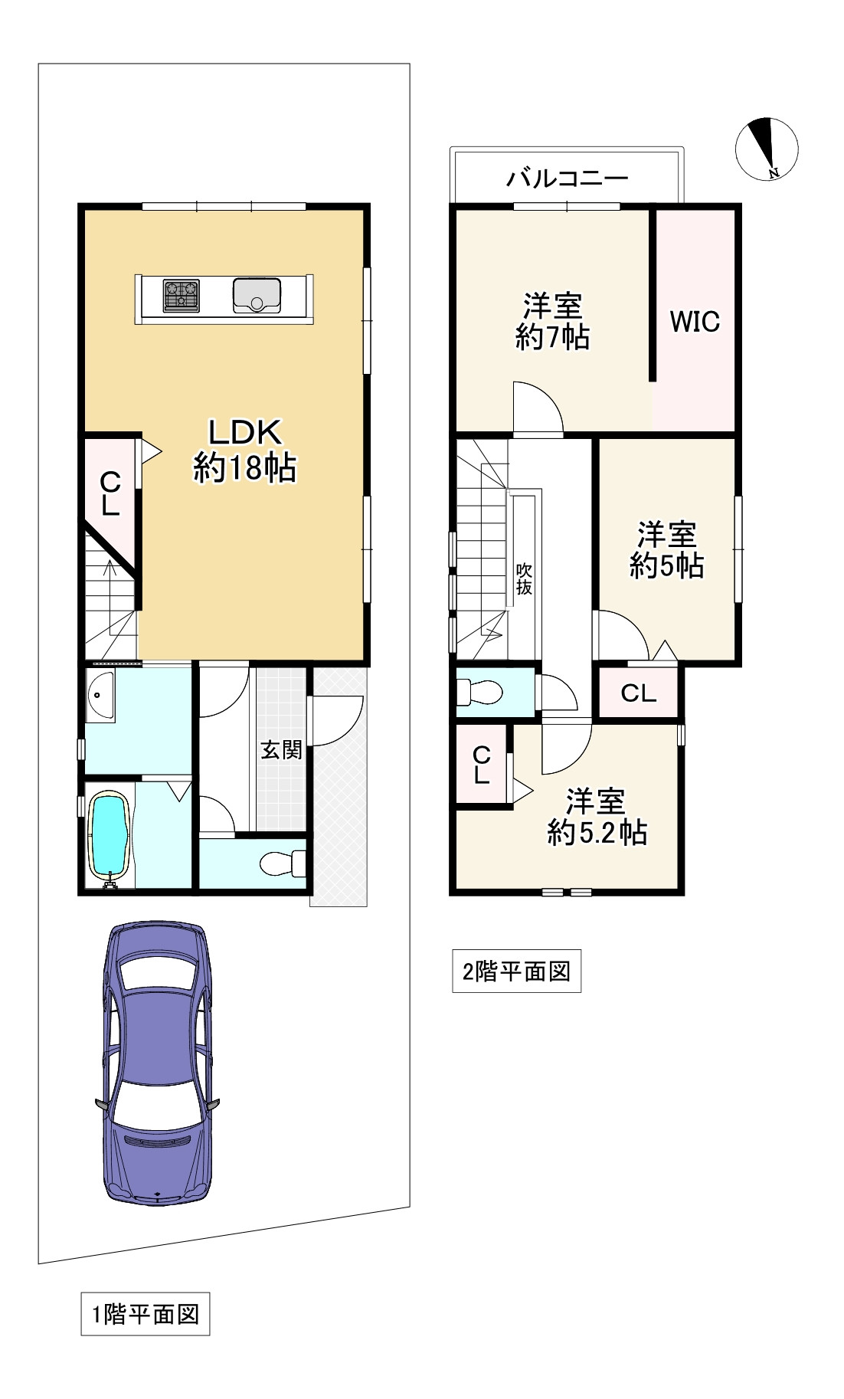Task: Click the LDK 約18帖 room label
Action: pos(244,450)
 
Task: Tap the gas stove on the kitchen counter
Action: pos(182,296)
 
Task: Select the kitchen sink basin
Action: pos(257,296)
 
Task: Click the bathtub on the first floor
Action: pos(109,835)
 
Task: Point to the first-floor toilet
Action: pos(283,864)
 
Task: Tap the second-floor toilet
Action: pos(479,693)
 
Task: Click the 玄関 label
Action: pos(281,749)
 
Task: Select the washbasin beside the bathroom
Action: pos(100,696)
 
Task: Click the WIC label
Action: pos(695,322)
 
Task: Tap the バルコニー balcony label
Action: pos(567,179)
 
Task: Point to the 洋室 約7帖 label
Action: pos(552,322)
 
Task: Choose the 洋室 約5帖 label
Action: pos(667,550)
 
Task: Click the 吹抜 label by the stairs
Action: pos(524,579)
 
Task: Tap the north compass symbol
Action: pos(767,149)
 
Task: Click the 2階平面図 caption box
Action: pos(516,971)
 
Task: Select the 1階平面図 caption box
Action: pos(146,1315)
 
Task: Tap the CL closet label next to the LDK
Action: pos(110,494)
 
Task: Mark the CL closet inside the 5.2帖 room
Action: pos(481,765)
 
